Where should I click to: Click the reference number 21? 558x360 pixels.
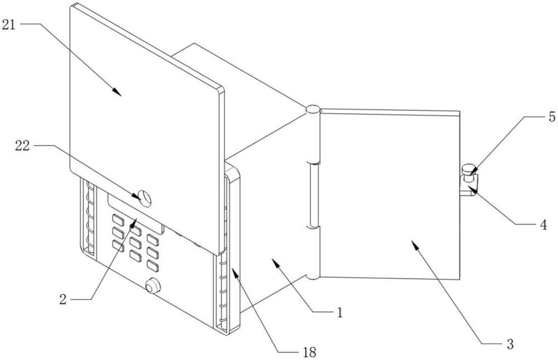pyautogui.click(x=11, y=24)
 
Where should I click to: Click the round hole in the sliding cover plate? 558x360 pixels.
pyautogui.click(x=145, y=198)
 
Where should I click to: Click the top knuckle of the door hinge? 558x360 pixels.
pyautogui.click(x=313, y=109)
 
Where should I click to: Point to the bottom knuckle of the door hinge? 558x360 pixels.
pyautogui.click(x=313, y=274)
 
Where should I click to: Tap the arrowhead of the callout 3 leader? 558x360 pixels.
pyautogui.click(x=413, y=243)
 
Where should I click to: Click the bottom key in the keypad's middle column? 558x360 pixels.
pyautogui.click(x=134, y=255)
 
